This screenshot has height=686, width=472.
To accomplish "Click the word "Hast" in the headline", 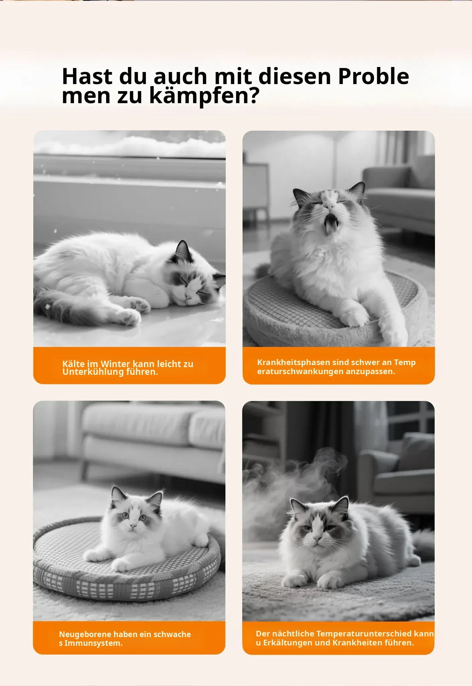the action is click(87, 76).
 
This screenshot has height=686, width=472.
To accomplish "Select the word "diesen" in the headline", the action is click(295, 76).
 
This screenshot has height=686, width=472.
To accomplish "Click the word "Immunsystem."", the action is click(93, 643).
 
